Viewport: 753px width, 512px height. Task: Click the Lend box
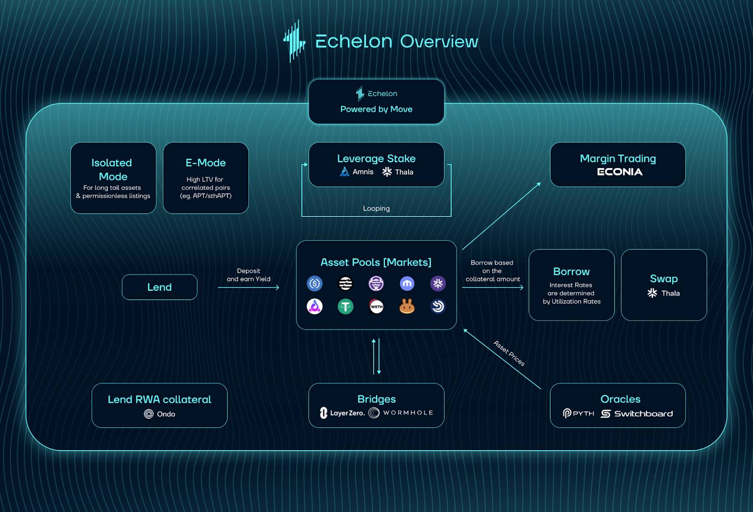160,287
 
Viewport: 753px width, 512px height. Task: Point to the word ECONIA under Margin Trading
619,172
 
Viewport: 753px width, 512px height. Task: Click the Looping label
376,208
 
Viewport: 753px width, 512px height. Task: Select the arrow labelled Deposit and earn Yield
248,288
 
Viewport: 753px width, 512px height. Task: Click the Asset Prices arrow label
509,353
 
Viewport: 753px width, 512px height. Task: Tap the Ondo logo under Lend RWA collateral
149,414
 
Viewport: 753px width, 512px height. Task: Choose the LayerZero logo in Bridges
323,413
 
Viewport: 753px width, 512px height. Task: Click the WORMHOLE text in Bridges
408,413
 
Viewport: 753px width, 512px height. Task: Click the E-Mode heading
206,163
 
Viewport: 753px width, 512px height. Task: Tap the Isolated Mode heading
112,170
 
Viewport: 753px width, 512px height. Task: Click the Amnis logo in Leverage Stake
344,171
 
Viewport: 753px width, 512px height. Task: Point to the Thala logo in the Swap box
652,293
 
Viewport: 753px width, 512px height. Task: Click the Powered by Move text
376,109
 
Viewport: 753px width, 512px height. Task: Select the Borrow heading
571,272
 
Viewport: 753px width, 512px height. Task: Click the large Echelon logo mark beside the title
295,41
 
